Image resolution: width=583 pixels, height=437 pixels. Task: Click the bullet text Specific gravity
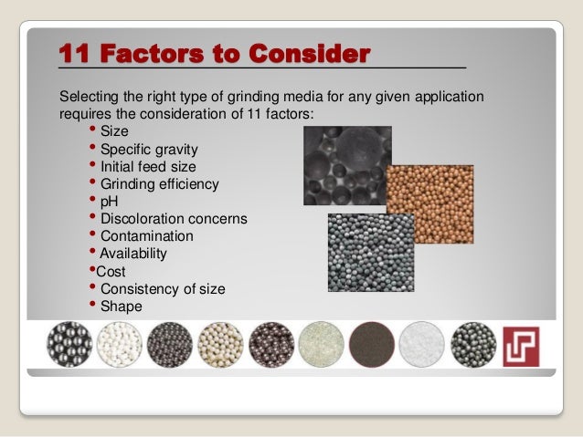pos(148,150)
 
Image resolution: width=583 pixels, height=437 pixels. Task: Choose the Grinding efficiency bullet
pos(159,184)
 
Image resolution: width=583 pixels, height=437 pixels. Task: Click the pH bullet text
pos(109,202)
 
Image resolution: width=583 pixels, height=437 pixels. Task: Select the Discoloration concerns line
pos(174,219)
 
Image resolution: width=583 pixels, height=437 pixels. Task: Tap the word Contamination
pos(146,236)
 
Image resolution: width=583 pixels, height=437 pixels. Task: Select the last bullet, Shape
pos(121,307)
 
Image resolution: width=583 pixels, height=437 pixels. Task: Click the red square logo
pos(522,346)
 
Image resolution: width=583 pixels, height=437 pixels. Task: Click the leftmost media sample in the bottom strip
pos(68,344)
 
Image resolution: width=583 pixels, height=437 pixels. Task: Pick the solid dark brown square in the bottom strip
pos(372,345)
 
